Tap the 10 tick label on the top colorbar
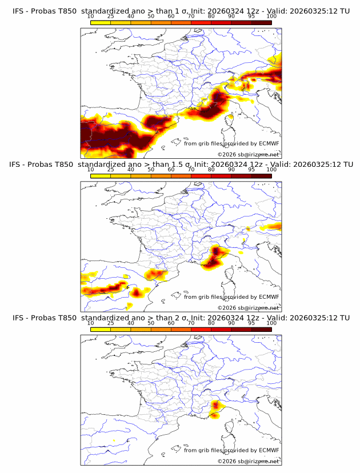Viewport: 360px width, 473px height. (91, 16)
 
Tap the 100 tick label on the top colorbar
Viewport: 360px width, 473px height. (271, 16)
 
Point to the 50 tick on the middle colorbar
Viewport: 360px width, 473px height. (151, 170)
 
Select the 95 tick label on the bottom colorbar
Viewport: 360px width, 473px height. (251, 323)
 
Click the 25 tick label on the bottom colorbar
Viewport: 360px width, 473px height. (111, 323)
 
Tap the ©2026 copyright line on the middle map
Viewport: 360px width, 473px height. (248, 307)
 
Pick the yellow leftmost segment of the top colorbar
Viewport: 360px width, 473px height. (101, 22)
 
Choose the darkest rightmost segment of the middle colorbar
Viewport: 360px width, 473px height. (261, 176)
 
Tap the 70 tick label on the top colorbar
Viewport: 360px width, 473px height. (191, 16)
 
